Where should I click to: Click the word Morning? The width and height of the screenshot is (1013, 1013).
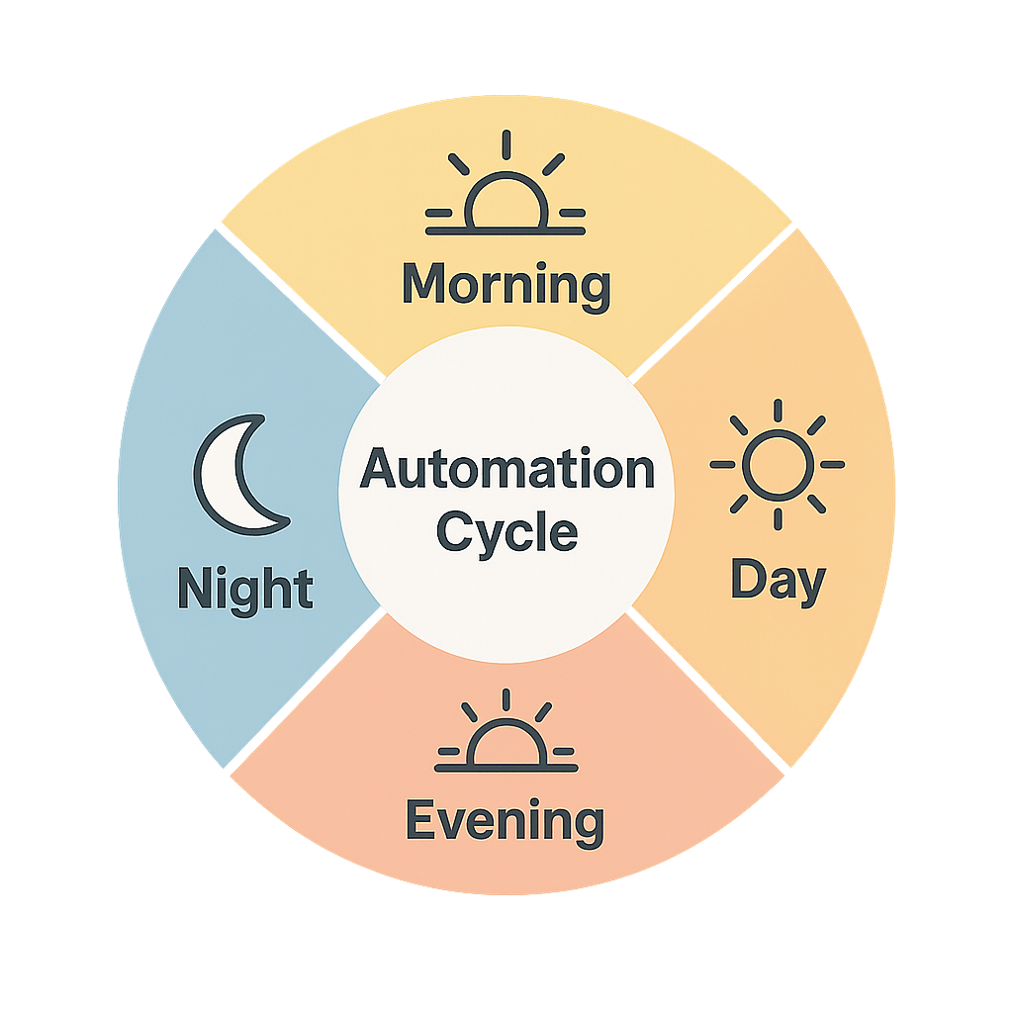coord(506,285)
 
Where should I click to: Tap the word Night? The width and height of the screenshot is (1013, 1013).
coord(245,589)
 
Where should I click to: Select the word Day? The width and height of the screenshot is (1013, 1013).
coord(778,581)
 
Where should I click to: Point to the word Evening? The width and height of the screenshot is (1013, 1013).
coord(505,821)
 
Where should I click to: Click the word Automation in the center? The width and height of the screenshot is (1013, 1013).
coord(506,469)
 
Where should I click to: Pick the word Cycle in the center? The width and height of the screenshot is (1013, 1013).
coord(506,531)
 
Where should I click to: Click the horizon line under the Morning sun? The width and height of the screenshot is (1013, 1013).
coord(506,231)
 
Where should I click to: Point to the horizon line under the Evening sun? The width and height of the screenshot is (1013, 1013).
coord(506,766)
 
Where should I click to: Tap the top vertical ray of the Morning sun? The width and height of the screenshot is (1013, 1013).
coord(506,144)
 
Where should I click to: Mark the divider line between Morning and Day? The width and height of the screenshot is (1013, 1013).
coord(712,301)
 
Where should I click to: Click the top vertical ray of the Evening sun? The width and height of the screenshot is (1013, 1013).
coord(506,698)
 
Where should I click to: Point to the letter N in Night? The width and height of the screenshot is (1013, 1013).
coord(193,589)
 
